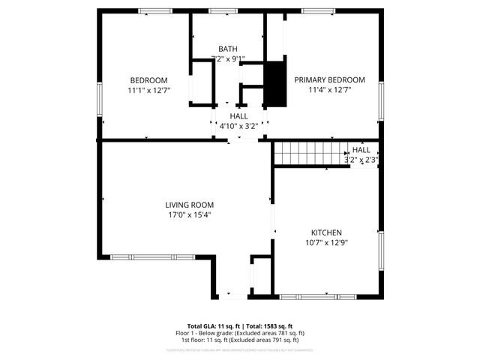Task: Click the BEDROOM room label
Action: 148,80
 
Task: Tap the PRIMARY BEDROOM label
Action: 329,80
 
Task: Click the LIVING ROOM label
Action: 190,205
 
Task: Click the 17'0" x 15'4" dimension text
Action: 190,214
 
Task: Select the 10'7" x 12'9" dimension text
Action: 326,242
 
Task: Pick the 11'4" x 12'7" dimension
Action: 329,90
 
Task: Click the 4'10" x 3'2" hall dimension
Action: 238,126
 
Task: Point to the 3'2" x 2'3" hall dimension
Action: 361,159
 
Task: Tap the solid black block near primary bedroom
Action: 276,84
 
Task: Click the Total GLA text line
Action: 239,327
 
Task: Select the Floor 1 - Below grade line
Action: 239,333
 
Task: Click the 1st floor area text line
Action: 239,340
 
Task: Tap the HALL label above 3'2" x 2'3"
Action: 361,150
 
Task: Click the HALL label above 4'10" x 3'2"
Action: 238,116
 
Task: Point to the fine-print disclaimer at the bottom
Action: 239,349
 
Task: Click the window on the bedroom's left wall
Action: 99,99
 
